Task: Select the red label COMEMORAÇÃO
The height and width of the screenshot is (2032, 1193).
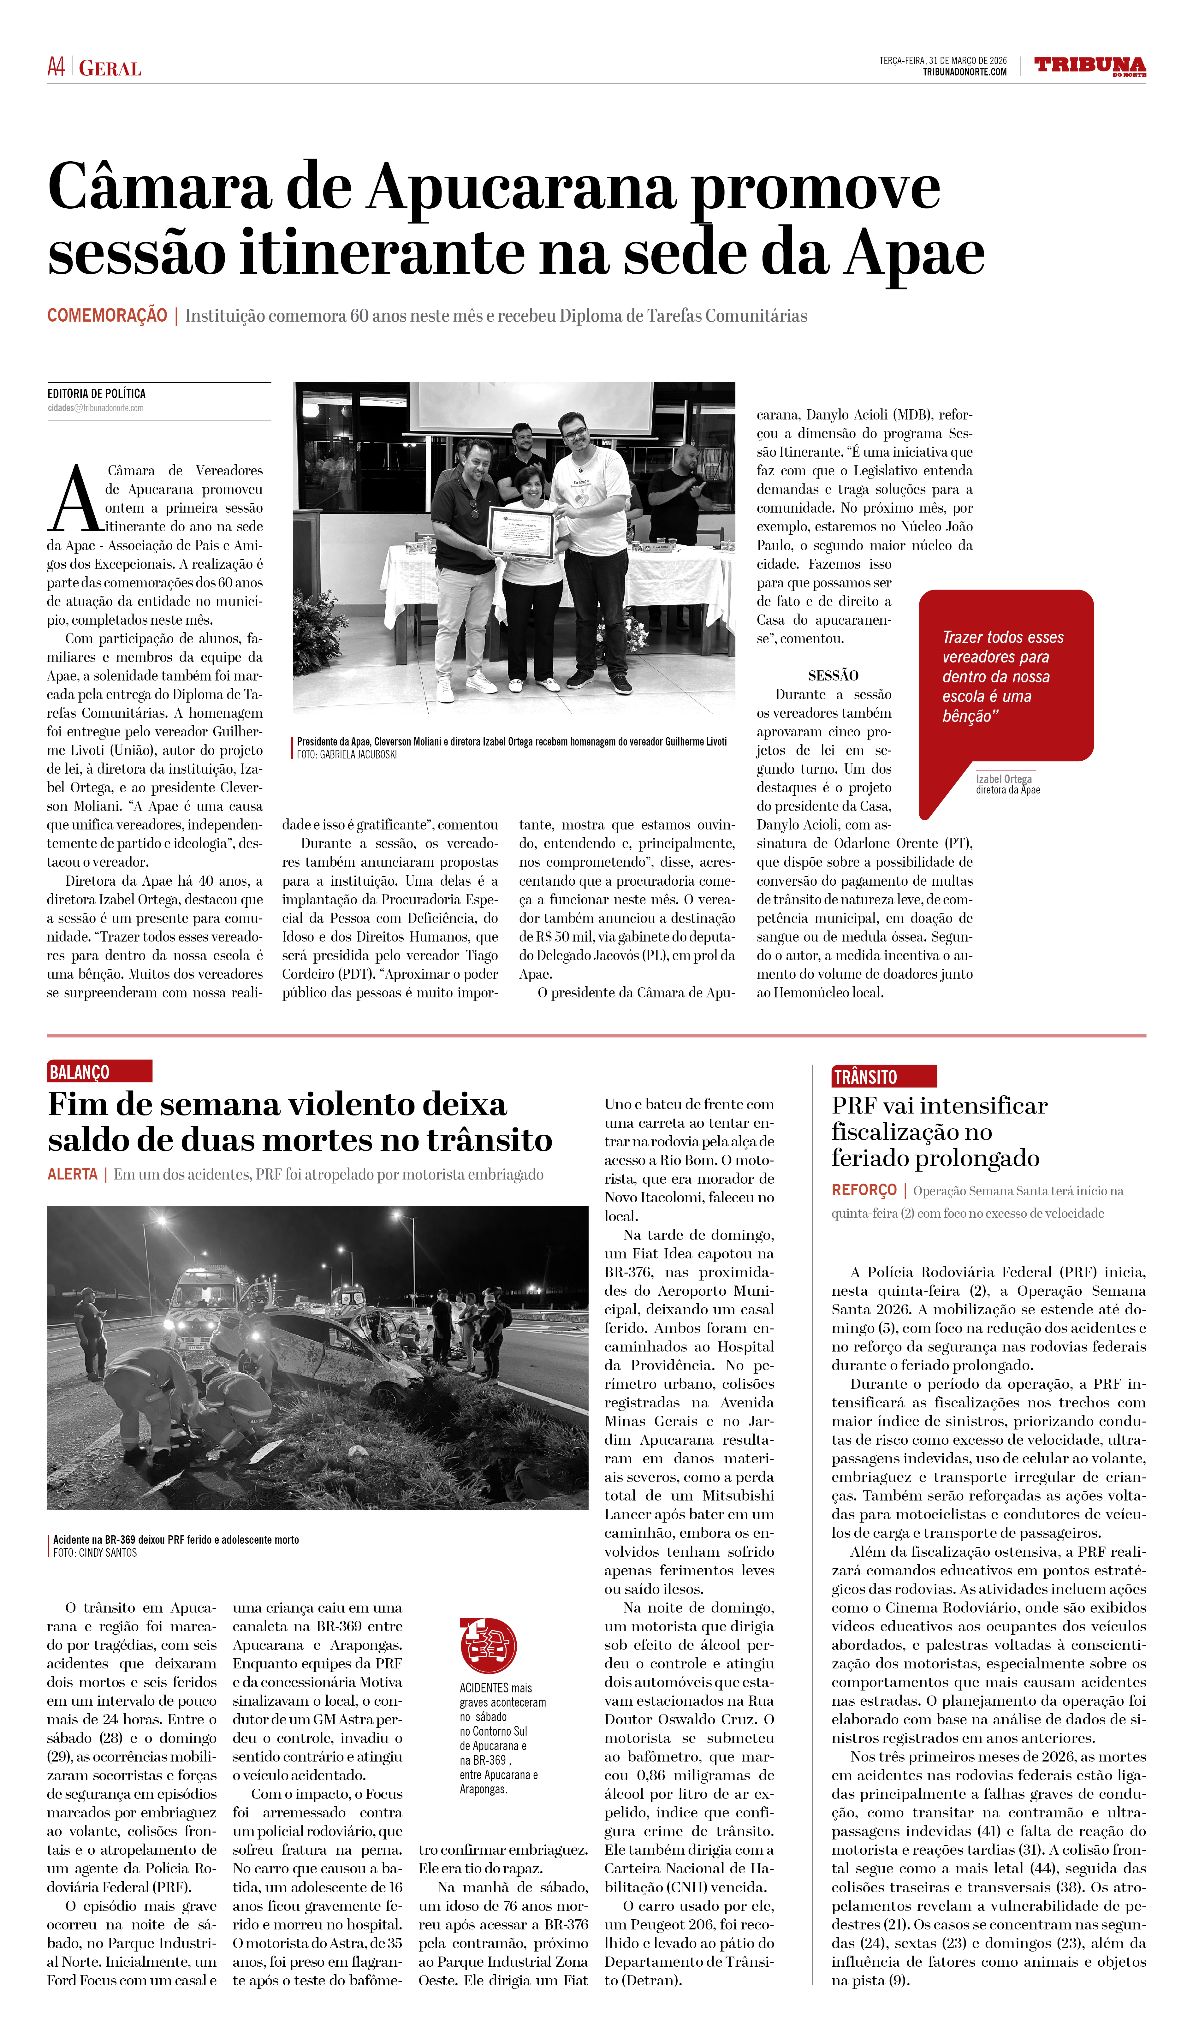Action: pos(107,315)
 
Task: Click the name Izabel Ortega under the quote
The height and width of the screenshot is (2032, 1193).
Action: pos(1004,779)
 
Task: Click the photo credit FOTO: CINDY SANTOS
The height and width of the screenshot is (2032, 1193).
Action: pos(95,1553)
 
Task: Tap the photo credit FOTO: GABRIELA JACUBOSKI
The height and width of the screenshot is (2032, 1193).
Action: pos(347,755)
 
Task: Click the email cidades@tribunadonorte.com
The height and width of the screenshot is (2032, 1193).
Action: pos(95,408)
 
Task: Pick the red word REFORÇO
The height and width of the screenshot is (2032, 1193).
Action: pos(864,1190)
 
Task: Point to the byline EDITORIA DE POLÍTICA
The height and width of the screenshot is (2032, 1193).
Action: pos(97,394)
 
